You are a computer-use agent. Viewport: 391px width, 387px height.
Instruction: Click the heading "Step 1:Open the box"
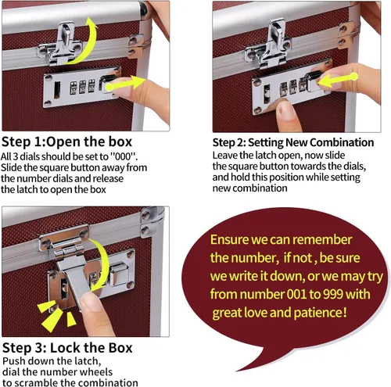coord(66,142)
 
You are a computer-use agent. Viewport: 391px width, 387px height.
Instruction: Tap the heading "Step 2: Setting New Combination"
coord(293,142)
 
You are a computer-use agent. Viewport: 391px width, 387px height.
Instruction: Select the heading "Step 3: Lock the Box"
coord(67,348)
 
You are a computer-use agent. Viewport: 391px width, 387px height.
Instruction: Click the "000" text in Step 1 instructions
coord(123,156)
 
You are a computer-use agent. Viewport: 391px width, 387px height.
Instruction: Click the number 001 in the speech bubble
coord(296,294)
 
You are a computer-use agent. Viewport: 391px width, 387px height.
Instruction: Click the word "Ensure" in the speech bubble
coord(229,240)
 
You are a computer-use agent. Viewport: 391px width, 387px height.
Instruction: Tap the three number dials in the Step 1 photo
coord(82,87)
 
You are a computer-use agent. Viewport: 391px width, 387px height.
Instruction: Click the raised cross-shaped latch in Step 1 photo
coord(62,45)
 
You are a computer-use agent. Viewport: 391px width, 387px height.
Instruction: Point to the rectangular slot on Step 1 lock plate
coord(57,90)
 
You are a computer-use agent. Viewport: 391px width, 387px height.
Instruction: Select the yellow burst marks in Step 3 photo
coord(56,316)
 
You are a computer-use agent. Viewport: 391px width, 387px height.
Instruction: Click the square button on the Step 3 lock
coord(119,275)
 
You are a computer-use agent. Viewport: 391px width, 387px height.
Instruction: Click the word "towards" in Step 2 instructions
coord(308,166)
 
